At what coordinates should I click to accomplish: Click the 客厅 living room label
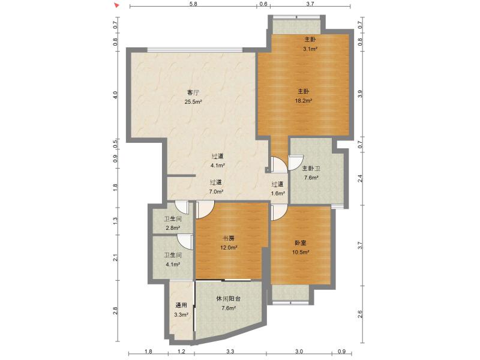pos(193,93)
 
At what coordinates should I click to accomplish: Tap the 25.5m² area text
pos(193,102)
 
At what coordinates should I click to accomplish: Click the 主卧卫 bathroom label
pos(311,169)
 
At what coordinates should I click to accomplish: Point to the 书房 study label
pos(229,239)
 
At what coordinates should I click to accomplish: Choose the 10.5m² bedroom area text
pos(301,252)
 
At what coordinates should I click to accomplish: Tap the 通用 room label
pos(181,305)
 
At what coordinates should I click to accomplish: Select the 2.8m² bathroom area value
pos(172,228)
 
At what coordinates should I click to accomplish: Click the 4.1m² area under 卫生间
pos(172,263)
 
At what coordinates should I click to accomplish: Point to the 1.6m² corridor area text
pos(277,193)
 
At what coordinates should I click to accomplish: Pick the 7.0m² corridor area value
pos(216,192)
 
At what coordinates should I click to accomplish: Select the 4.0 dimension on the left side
pos(116,94)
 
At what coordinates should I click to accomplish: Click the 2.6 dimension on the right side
pos(360,314)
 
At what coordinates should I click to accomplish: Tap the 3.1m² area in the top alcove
pos(310,49)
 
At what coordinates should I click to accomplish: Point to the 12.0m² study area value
pos(229,248)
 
